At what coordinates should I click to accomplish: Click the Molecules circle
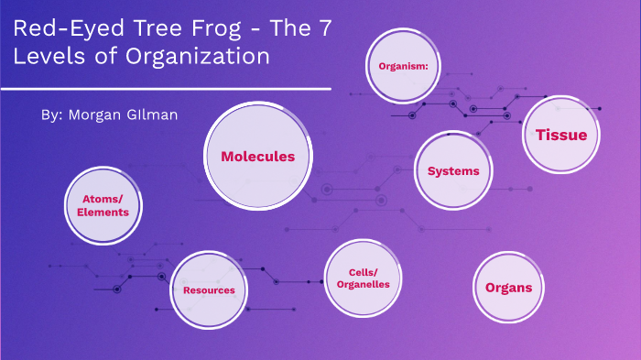[x=257, y=156]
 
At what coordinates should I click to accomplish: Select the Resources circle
[x=209, y=290]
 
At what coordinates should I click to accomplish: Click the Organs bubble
[x=508, y=288]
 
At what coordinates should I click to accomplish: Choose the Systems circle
[x=453, y=171]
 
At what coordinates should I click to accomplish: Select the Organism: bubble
[x=404, y=66]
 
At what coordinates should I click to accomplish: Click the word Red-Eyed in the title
[x=57, y=28]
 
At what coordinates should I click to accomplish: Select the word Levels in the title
[x=47, y=56]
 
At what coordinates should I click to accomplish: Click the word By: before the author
[x=52, y=115]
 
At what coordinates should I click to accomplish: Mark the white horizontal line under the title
[x=165, y=89]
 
